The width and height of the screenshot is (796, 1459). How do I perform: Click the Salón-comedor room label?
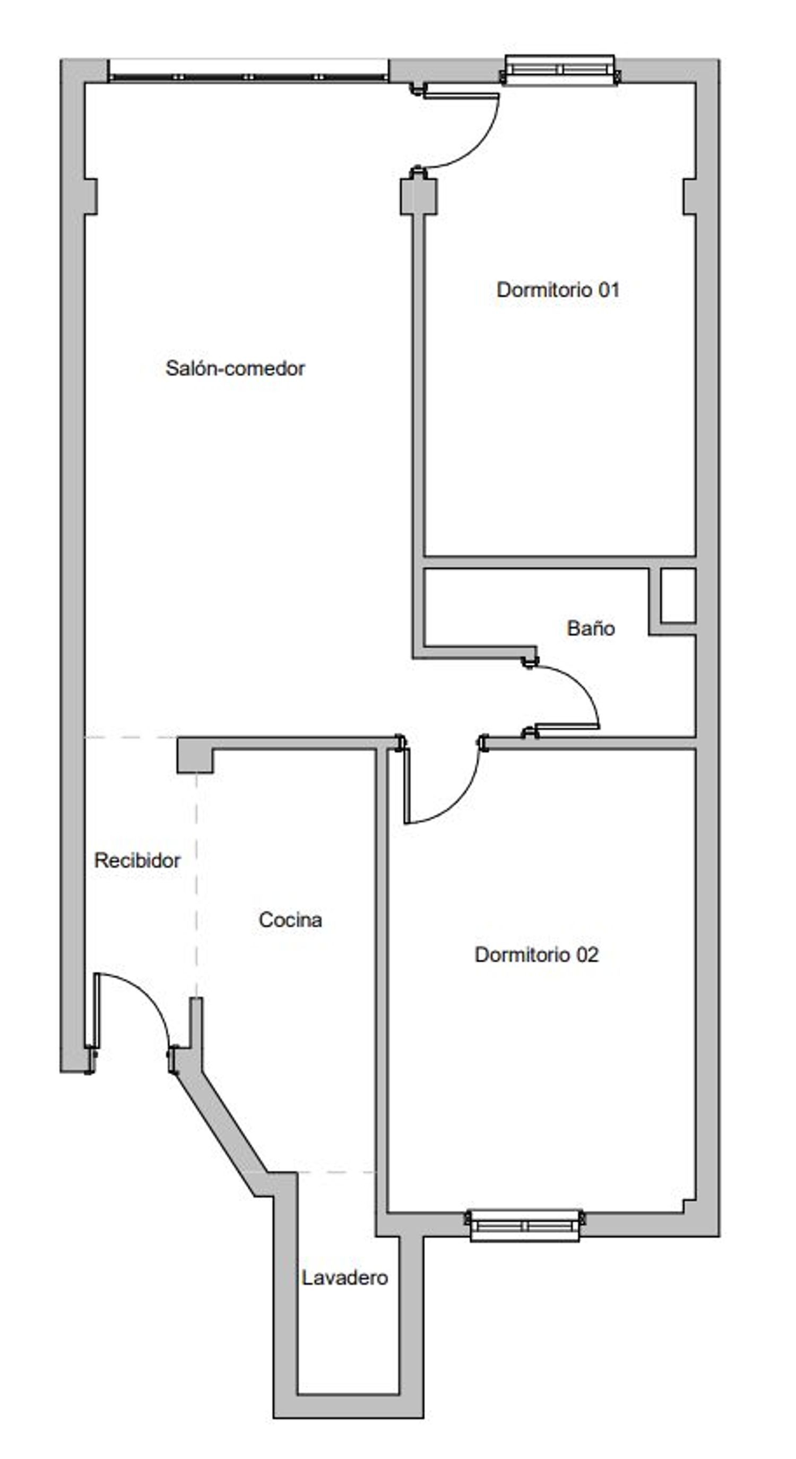click(x=235, y=369)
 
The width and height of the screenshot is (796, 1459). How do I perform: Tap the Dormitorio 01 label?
click(x=558, y=290)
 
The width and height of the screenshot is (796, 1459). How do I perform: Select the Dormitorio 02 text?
click(x=537, y=955)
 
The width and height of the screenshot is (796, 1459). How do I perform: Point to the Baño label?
click(x=591, y=628)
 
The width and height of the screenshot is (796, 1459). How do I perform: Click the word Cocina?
click(x=290, y=919)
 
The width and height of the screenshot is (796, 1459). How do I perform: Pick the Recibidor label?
click(x=137, y=861)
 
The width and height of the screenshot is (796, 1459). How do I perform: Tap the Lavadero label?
click(x=344, y=1278)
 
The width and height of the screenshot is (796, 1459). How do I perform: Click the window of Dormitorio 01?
click(x=560, y=70)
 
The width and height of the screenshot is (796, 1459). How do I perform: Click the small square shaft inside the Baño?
click(x=678, y=595)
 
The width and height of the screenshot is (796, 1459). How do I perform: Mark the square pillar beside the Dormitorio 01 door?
click(x=419, y=196)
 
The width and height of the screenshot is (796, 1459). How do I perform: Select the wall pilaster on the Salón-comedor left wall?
click(x=91, y=196)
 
